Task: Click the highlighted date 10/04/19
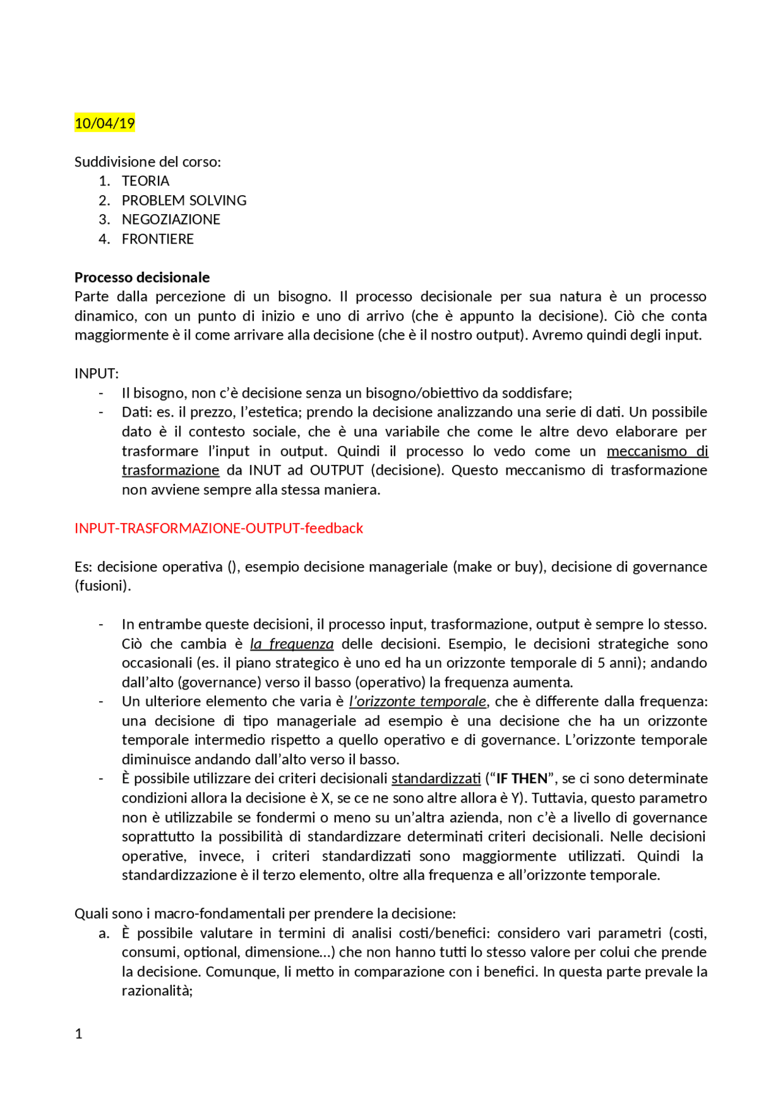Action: point(105,124)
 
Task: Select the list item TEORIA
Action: point(146,181)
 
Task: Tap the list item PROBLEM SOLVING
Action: point(184,201)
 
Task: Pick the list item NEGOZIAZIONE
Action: point(171,220)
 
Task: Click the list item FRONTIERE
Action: point(157,239)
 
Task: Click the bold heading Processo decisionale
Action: point(142,278)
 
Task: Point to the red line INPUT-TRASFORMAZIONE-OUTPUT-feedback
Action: point(218,528)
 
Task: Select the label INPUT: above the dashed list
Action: point(97,374)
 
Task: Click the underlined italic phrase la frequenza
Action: point(292,644)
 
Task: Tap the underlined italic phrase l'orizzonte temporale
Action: point(418,702)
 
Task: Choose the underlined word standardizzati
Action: point(436,779)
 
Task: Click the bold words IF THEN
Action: point(522,779)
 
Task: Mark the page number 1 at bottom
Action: point(78,1034)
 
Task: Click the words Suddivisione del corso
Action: point(147,162)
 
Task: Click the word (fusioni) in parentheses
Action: point(103,586)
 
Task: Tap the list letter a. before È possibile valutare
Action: point(104,934)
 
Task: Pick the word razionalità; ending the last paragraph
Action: point(157,991)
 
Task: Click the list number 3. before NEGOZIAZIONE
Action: point(104,220)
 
